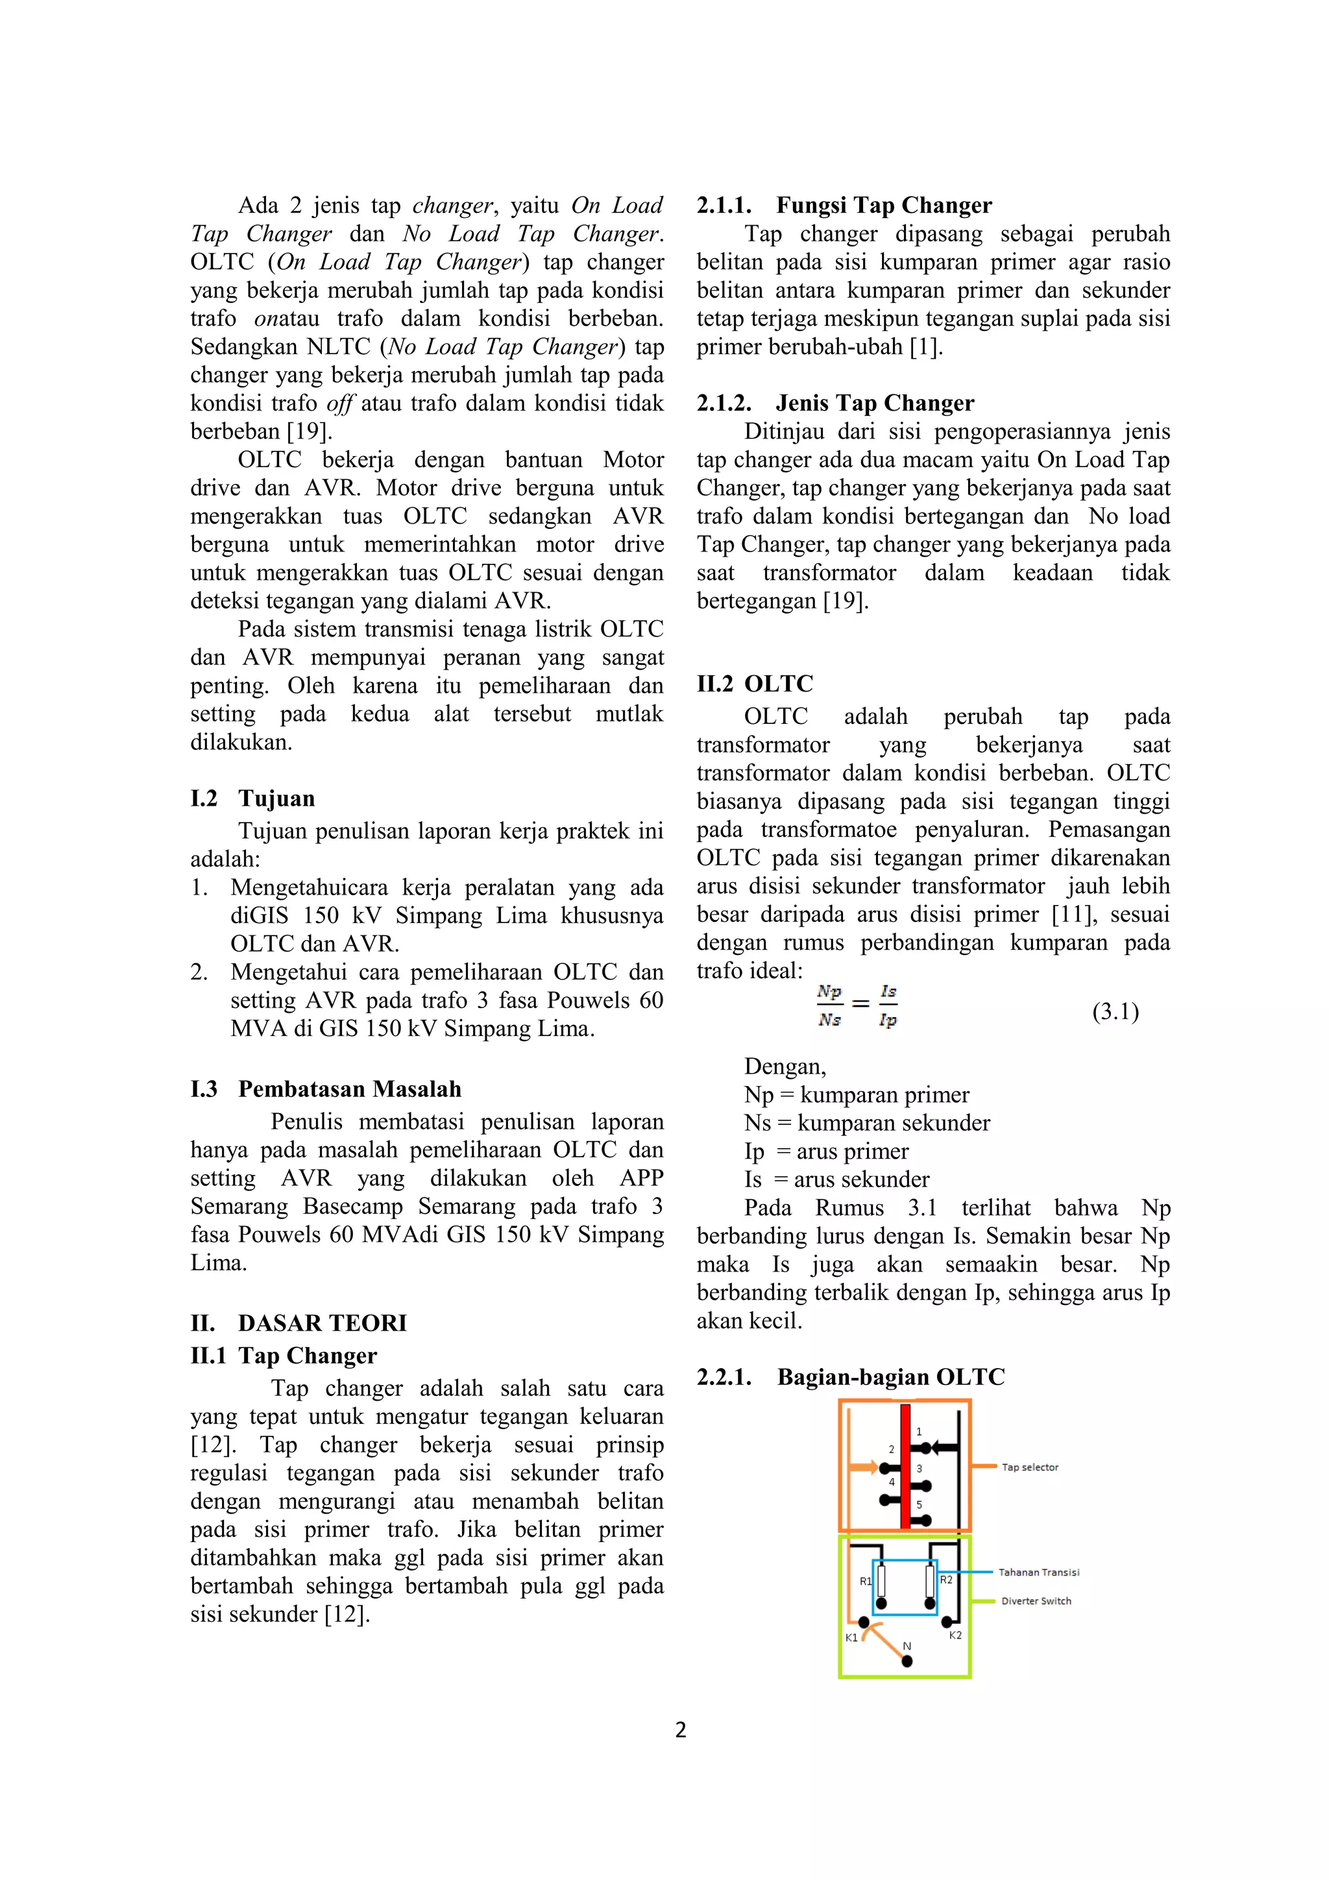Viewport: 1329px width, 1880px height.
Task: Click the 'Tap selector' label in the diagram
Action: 1029,1467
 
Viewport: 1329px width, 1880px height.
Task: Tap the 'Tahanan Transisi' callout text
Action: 1038,1571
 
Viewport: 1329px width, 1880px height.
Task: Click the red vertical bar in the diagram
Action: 905,1465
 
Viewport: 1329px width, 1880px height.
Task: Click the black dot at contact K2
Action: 947,1621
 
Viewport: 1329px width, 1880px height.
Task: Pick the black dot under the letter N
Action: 907,1661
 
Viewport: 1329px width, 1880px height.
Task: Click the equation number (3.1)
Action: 1116,1011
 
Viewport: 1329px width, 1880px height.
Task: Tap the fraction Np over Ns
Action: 829,1006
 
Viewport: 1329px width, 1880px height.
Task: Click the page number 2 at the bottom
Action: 681,1729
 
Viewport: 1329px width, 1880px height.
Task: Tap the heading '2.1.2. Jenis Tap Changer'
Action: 835,403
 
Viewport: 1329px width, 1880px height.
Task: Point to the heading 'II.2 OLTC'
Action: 755,684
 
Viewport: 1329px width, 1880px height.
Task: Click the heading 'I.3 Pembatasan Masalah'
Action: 326,1089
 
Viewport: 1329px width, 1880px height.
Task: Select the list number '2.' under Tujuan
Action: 199,972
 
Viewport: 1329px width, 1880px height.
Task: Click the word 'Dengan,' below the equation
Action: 785,1066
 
